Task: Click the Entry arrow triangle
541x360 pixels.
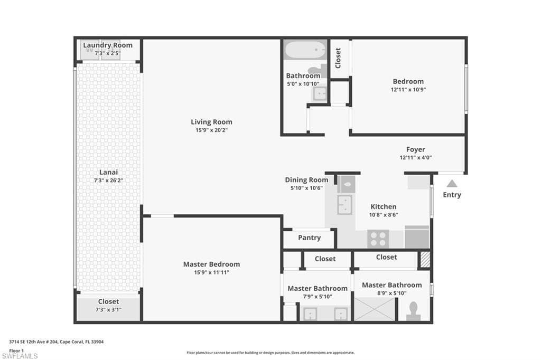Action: pos(452,183)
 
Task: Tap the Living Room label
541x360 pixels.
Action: pos(211,122)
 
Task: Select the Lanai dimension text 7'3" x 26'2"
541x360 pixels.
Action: pos(108,181)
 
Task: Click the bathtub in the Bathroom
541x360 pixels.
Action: pos(305,50)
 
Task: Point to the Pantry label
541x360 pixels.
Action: pos(310,238)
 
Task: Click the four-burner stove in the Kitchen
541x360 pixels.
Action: pos(378,239)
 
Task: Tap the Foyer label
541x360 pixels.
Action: pos(415,149)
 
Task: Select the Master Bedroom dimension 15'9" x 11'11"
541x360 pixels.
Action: pos(211,272)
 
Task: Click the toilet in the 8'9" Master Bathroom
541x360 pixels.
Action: pos(413,311)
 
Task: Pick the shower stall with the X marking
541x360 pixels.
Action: pos(375,309)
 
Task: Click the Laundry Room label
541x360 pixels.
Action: pos(108,45)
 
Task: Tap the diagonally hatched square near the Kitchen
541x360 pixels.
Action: pos(425,260)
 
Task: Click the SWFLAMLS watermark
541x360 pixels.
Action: pos(20,356)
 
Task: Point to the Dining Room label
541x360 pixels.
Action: pos(306,179)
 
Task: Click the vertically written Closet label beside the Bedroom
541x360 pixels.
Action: pos(338,58)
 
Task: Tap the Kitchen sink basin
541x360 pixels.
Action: pos(344,205)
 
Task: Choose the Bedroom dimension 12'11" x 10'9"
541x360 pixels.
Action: pos(408,90)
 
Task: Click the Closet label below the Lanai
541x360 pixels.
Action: pos(108,301)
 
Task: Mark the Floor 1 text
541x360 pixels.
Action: pos(16,350)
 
